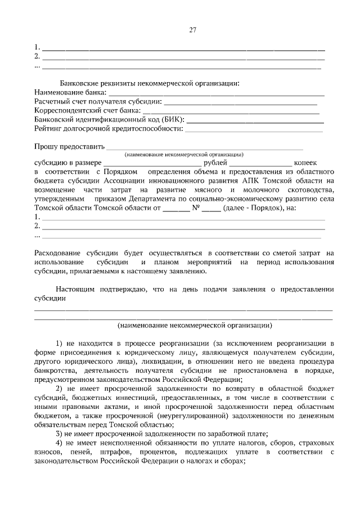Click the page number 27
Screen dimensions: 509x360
192,30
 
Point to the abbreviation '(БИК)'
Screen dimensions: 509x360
173,120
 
